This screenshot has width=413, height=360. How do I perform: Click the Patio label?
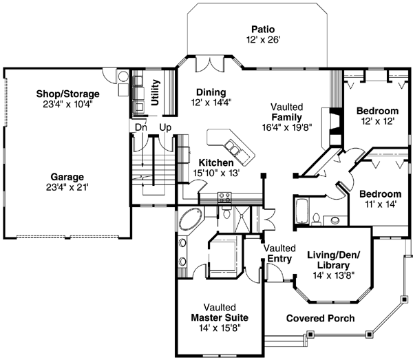pyautogui.click(x=263, y=30)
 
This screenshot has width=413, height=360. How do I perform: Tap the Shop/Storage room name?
pyautogui.click(x=68, y=94)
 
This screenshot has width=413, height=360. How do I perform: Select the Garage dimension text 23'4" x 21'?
pyautogui.click(x=67, y=186)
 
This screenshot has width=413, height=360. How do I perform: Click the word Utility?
pyautogui.click(x=155, y=92)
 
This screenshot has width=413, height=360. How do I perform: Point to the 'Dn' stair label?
pyautogui.click(x=140, y=127)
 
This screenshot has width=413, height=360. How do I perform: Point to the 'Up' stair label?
pyautogui.click(x=165, y=127)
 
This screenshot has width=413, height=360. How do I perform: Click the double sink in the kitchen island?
pyautogui.click(x=233, y=148)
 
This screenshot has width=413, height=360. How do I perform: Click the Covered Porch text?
pyautogui.click(x=320, y=318)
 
